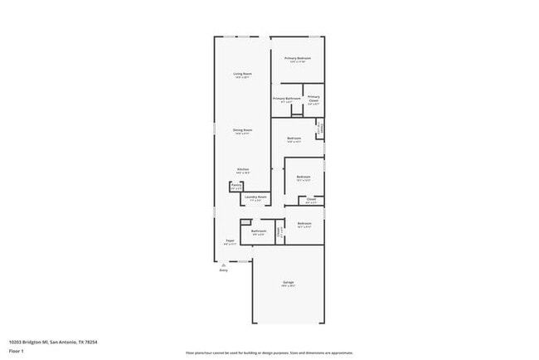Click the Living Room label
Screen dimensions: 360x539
pyautogui.click(x=242, y=74)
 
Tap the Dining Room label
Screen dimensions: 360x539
pyautogui.click(x=242, y=130)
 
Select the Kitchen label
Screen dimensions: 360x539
pyautogui.click(x=243, y=170)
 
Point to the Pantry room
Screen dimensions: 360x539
pyautogui.click(x=236, y=187)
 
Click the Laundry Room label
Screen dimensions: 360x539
pyautogui.click(x=255, y=197)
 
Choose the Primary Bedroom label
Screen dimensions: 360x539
pyautogui.click(x=298, y=58)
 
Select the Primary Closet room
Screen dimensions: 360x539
pyautogui.click(x=313, y=100)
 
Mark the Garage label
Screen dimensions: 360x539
pyautogui.click(x=288, y=283)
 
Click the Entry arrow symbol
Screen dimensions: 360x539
pyautogui.click(x=223, y=265)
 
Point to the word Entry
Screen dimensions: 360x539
pyautogui.click(x=223, y=270)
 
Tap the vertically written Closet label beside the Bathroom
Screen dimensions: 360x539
pyautogui.click(x=279, y=233)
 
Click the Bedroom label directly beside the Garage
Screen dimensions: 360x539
pyautogui.click(x=304, y=223)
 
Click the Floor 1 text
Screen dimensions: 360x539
pyautogui.click(x=16, y=352)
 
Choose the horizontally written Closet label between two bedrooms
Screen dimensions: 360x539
pyautogui.click(x=311, y=199)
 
